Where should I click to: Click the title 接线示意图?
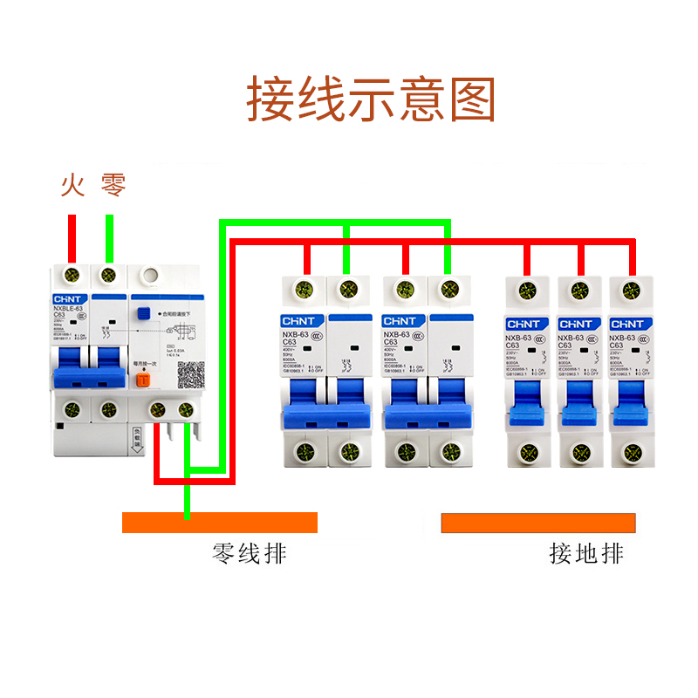tap(372, 99)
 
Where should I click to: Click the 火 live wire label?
tap(72, 185)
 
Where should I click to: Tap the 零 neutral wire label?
tap(113, 185)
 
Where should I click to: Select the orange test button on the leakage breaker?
tap(144, 380)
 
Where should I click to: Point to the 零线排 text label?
tap(250, 553)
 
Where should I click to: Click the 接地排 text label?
tap(586, 553)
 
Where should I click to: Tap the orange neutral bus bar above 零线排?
tap(219, 523)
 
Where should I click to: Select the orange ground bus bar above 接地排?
tap(538, 523)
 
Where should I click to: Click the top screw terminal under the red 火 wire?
tap(72, 276)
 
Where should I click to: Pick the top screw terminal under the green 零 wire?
tap(108, 276)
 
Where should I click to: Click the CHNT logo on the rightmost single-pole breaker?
tap(627, 324)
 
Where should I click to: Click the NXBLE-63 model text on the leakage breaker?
tap(68, 309)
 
